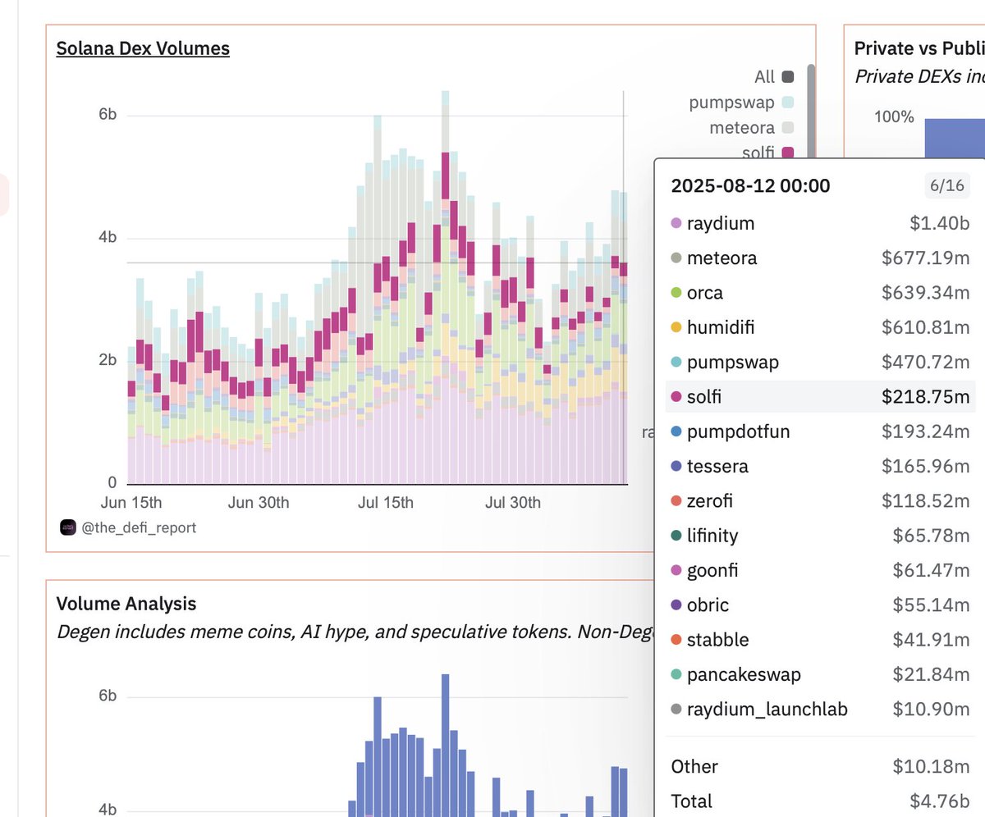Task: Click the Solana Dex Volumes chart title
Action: coord(143,48)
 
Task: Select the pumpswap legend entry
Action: coord(732,103)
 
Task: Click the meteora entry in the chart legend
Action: coord(741,128)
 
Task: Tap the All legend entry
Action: coord(764,77)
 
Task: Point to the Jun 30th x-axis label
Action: coord(258,502)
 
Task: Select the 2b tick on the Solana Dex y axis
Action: coord(108,360)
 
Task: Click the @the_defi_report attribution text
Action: coord(139,527)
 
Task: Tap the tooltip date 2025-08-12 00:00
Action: coord(750,185)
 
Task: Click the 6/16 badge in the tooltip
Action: coord(946,185)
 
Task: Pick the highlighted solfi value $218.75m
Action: coord(925,397)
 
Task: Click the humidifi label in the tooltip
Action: coord(721,327)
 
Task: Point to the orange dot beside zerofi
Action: coord(676,501)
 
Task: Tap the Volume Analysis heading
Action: coord(126,604)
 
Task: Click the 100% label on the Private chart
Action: coord(894,116)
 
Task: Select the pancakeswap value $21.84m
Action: coord(931,674)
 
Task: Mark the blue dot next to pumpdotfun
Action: coord(676,431)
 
